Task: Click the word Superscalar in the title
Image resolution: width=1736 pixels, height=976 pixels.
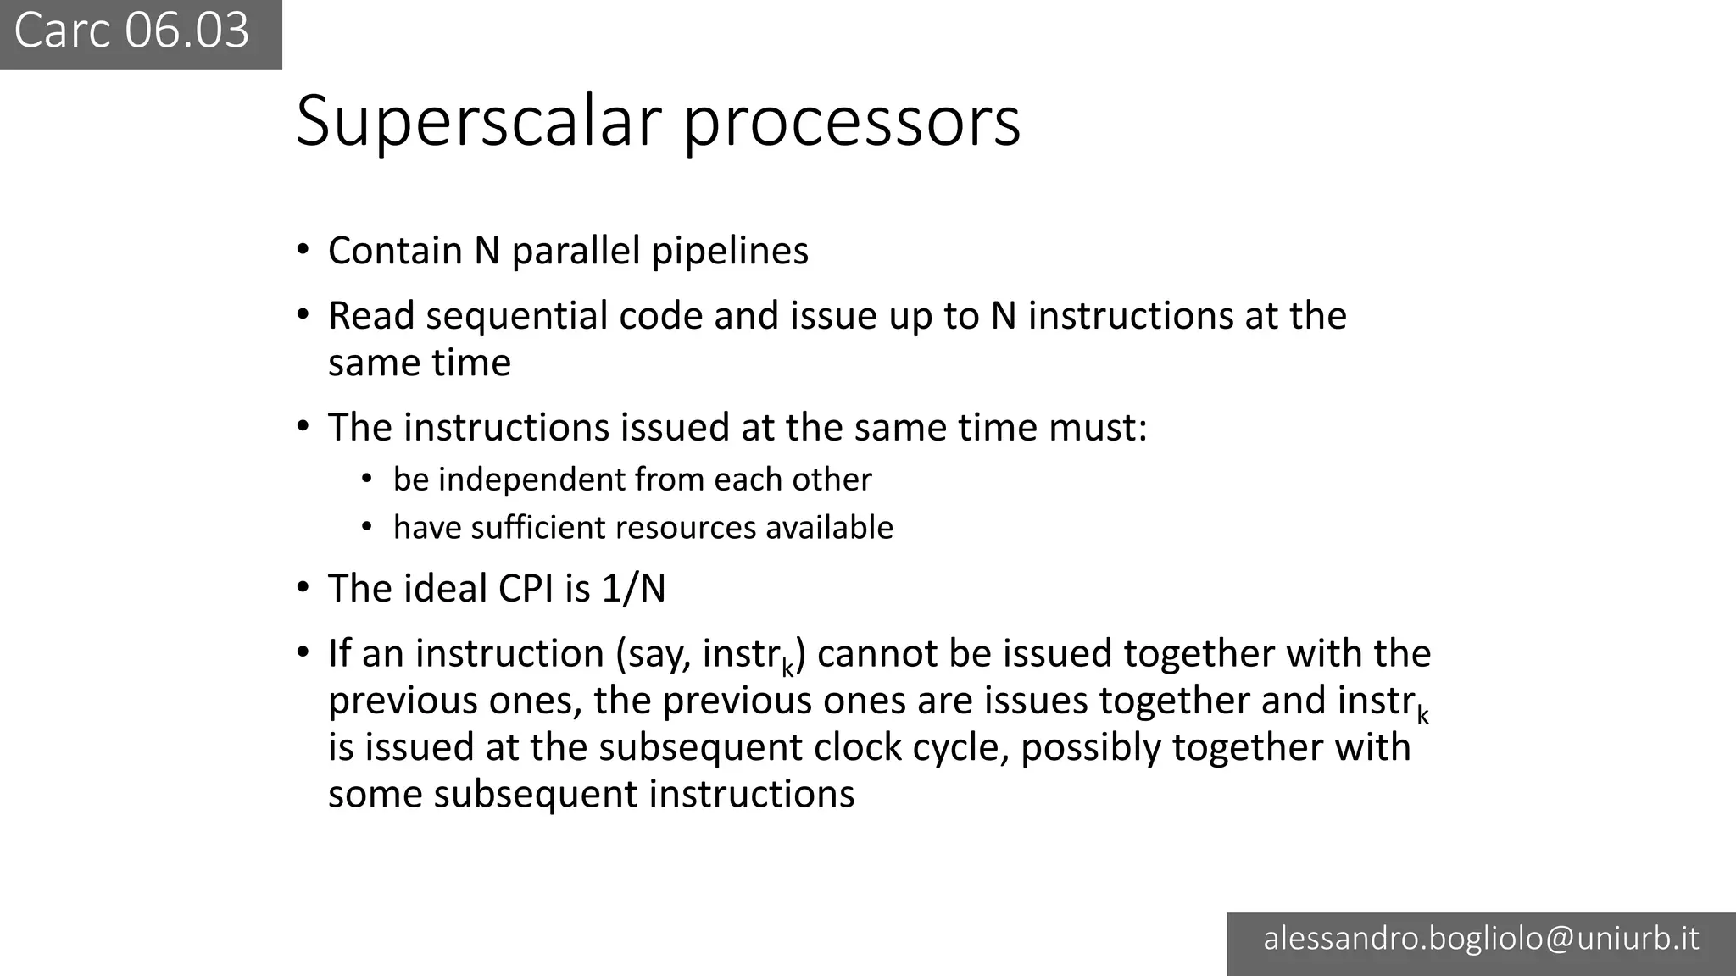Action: click(478, 121)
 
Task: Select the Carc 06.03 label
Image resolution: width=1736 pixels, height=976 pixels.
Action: click(132, 31)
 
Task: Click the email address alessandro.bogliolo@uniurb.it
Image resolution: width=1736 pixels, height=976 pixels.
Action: click(1481, 939)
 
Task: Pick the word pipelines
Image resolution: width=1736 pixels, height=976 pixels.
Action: click(730, 251)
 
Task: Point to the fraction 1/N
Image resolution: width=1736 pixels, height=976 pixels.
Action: click(633, 589)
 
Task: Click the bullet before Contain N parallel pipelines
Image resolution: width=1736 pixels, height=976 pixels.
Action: click(303, 250)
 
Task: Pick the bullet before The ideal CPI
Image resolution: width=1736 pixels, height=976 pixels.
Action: click(303, 588)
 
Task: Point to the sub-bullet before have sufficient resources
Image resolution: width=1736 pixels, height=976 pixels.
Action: click(367, 527)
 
